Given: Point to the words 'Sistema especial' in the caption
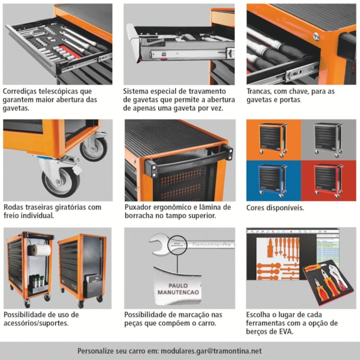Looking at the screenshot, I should click(153, 91).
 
